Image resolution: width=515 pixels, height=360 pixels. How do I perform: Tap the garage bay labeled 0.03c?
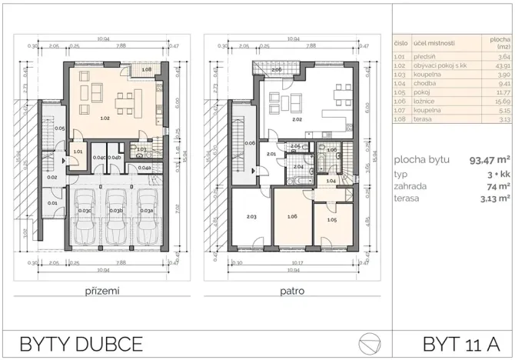coord(84,209)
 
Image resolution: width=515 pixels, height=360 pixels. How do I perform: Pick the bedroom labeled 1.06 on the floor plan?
coord(292,216)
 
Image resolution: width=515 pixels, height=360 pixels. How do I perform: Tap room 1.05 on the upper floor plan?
coord(331,220)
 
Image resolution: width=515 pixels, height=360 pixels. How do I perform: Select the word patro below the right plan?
coord(293,292)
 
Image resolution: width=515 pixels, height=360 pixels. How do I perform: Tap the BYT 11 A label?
coord(457,342)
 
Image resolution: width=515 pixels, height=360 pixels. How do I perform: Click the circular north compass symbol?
coord(369,342)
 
